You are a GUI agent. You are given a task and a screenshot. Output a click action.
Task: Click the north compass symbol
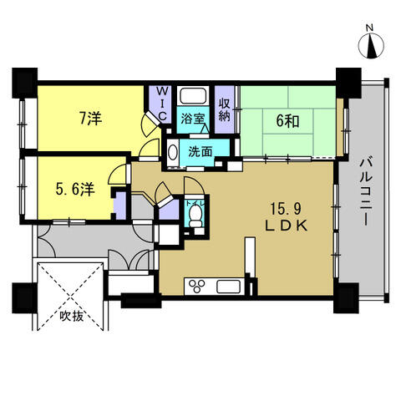[371, 45]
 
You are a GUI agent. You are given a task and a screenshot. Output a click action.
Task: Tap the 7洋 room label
[90, 119]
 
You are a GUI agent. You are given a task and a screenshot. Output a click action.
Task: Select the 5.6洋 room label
[75, 190]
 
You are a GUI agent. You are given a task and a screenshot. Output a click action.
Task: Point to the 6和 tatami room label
[287, 121]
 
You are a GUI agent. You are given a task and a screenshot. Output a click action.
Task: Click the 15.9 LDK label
[286, 217]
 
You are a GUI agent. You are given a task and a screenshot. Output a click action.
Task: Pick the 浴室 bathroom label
[193, 119]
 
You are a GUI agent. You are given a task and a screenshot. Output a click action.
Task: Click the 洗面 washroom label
[200, 152]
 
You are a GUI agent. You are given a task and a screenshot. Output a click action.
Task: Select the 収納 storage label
[224, 110]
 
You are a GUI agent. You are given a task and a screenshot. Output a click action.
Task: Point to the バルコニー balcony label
[366, 191]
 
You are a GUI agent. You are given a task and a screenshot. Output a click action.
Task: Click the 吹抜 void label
[72, 317]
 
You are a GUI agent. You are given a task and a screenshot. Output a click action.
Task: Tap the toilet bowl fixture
[195, 216]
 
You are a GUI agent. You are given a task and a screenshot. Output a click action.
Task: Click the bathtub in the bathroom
[194, 96]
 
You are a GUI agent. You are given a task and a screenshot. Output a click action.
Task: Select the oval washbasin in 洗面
[173, 152]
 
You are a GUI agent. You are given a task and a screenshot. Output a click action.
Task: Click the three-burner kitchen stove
[197, 286]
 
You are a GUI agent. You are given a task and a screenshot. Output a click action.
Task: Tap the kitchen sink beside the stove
[228, 287]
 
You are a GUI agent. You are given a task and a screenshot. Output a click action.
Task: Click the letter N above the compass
[369, 28]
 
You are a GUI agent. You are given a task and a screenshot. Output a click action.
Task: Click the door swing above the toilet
[195, 186]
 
